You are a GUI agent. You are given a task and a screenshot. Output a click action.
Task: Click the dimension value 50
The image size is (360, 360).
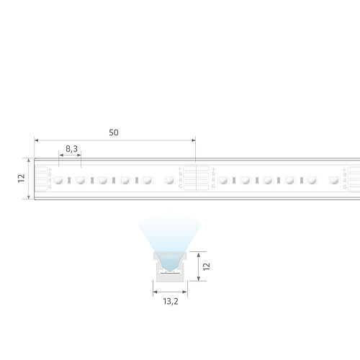(114, 132)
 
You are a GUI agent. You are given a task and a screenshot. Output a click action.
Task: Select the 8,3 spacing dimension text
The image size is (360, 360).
(71, 148)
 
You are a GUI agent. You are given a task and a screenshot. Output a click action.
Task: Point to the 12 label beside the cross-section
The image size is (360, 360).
(206, 266)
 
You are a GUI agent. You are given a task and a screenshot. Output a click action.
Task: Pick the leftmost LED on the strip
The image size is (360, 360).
(60, 179)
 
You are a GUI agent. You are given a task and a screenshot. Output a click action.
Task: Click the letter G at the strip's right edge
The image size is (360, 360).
(346, 186)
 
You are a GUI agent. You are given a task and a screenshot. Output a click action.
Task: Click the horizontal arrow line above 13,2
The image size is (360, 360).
(169, 292)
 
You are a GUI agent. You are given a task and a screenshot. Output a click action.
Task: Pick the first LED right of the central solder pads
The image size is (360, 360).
(224, 180)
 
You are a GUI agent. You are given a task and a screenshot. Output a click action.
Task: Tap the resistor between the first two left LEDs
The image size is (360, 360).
(71, 180)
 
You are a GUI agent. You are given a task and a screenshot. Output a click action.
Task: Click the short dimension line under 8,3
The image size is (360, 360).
(70, 154)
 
